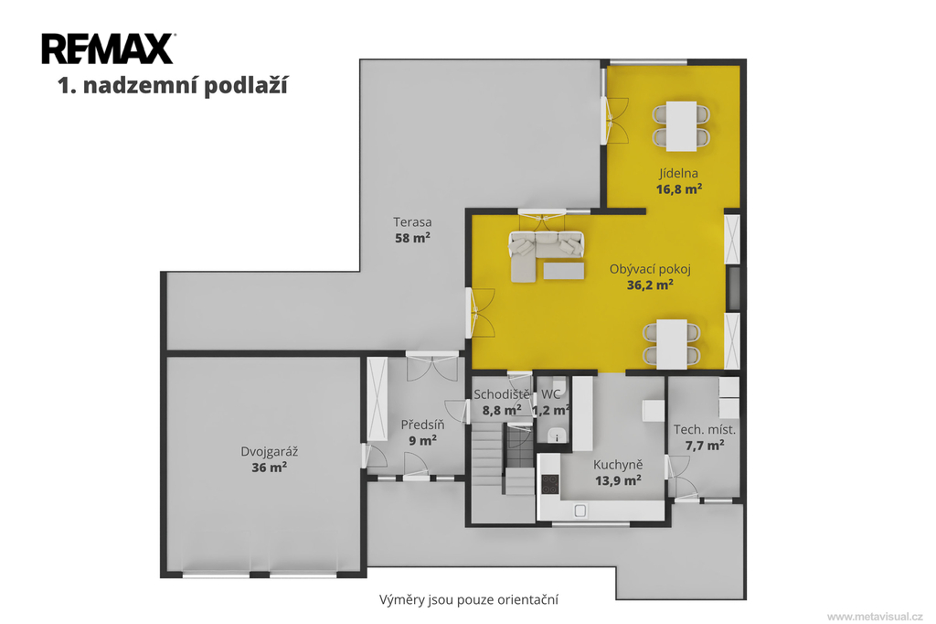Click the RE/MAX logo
108,48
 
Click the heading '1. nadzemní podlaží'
173,85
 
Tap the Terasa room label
412,221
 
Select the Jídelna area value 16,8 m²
679,189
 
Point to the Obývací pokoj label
650,269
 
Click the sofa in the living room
546,255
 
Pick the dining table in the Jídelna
681,126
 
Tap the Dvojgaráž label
270,451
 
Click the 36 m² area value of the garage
270,467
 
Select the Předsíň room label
422,425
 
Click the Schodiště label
502,394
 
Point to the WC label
551,394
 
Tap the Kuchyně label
618,465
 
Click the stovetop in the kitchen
549,484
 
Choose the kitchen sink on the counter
580,511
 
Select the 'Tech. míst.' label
705,429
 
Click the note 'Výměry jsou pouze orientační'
469,599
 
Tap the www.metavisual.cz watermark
875,617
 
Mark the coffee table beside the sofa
563,271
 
